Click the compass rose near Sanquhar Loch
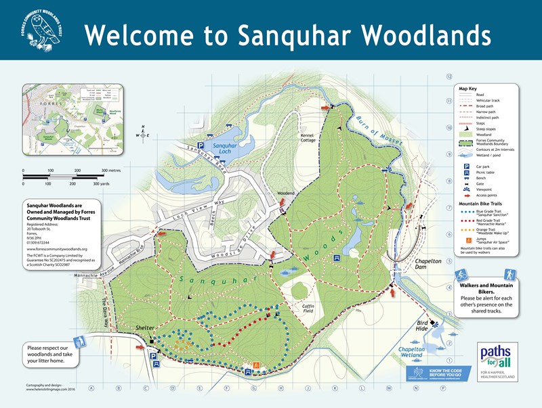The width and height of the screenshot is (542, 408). point(143,133)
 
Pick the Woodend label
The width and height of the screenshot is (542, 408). point(286,194)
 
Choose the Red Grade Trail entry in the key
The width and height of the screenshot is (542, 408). point(491,221)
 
